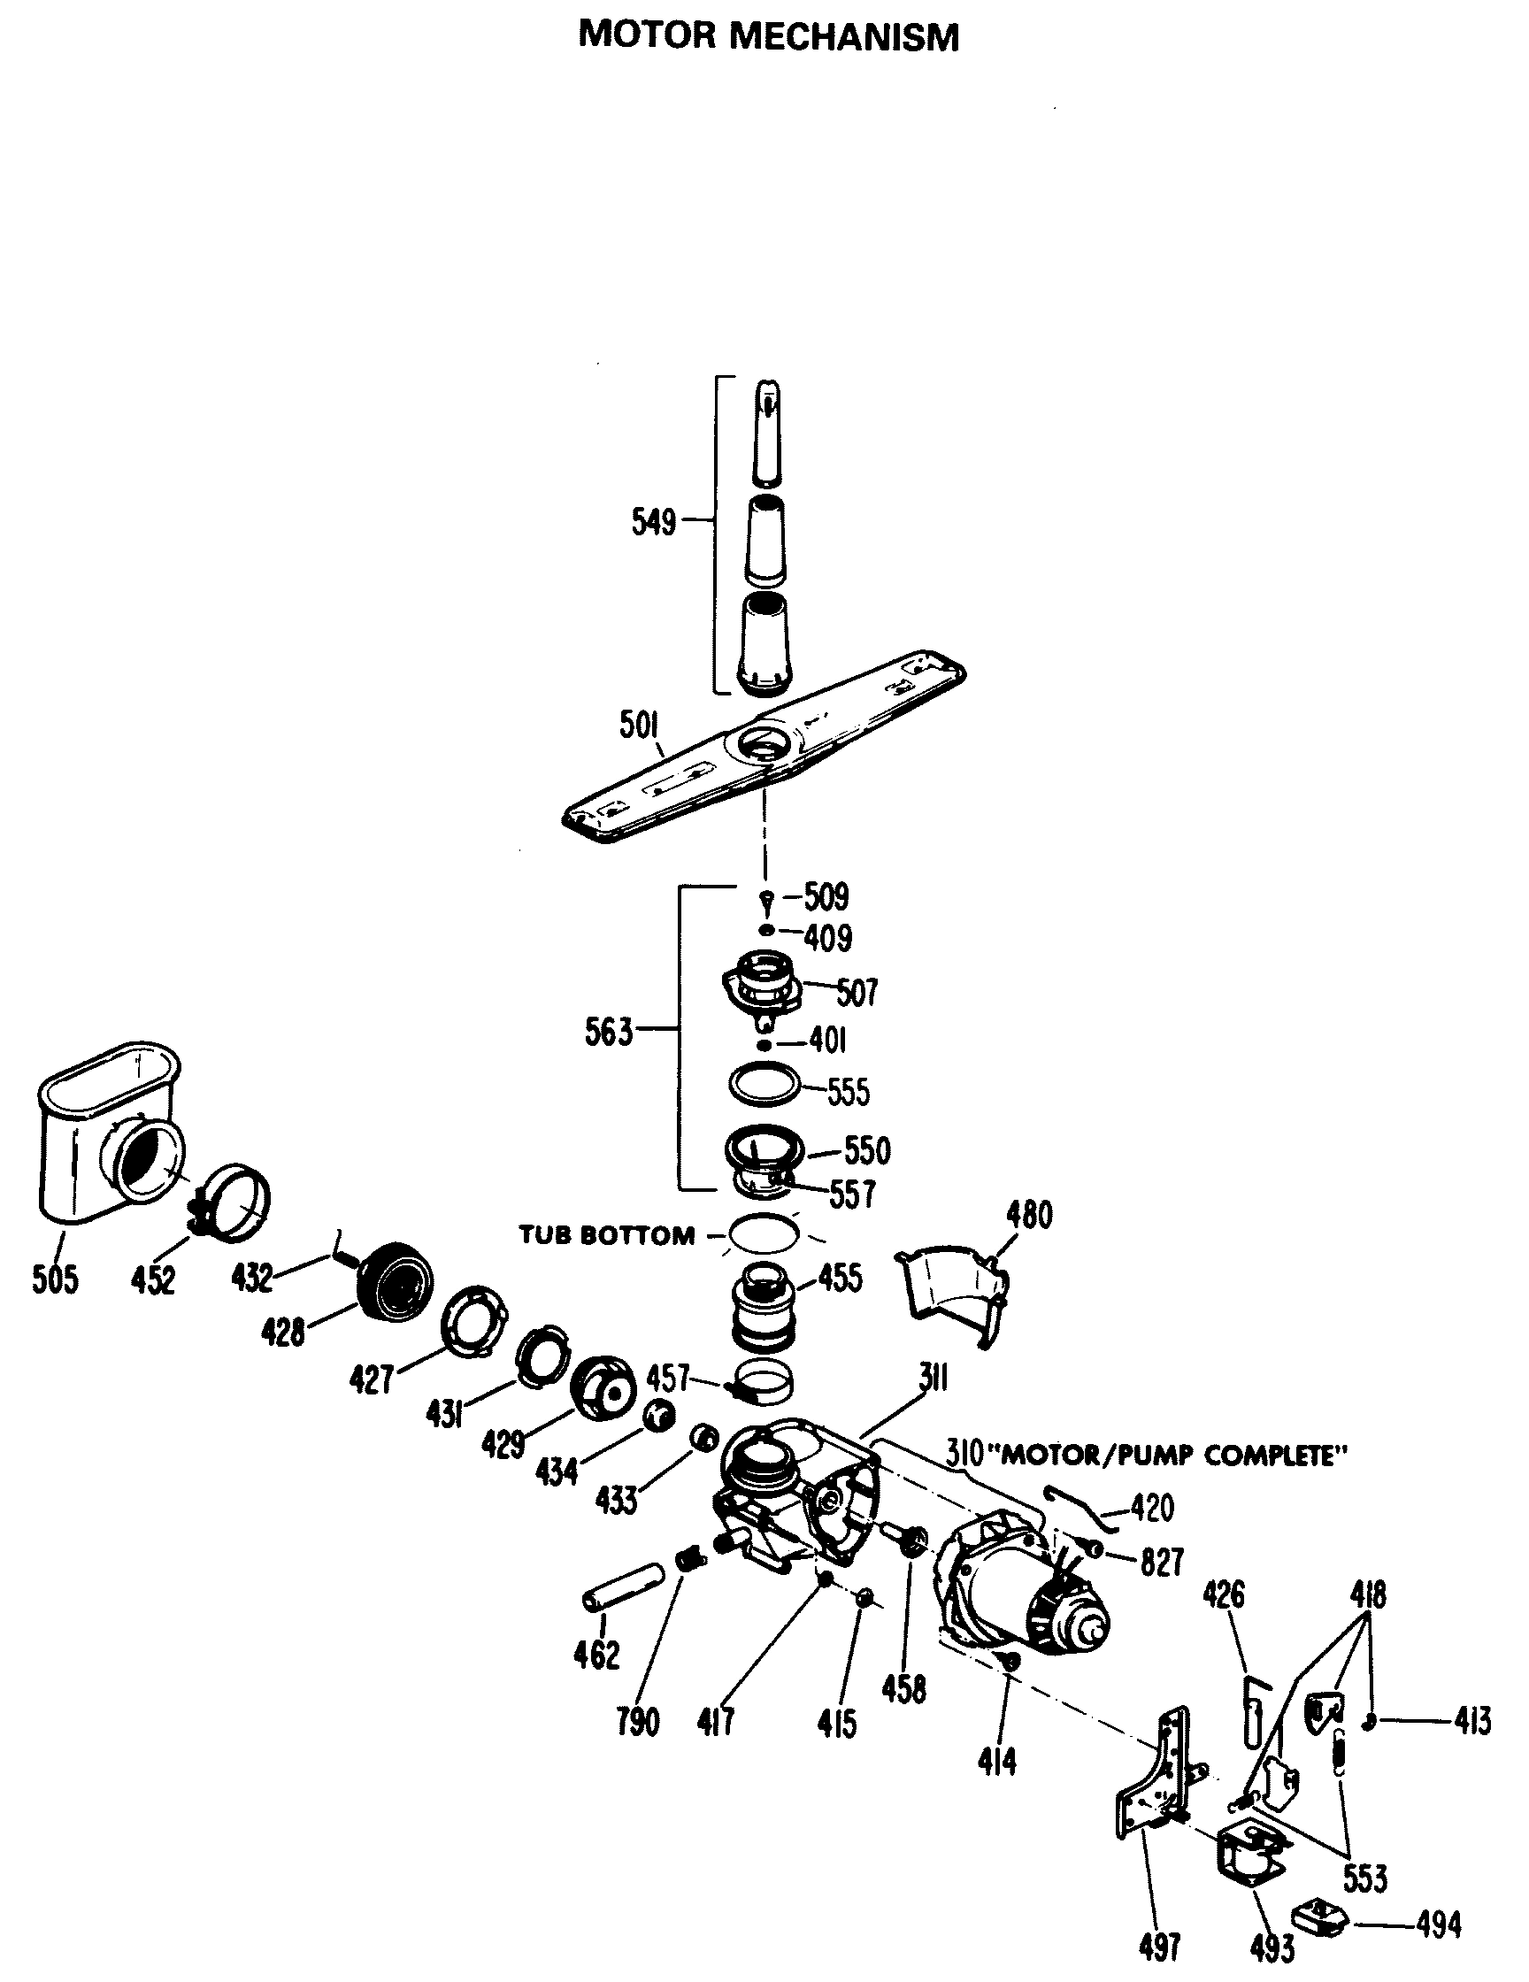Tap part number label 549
653,523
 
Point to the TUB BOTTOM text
606,1235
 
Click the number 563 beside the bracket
608,1032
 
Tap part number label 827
1161,1562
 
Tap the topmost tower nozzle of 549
767,431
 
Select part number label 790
638,1720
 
